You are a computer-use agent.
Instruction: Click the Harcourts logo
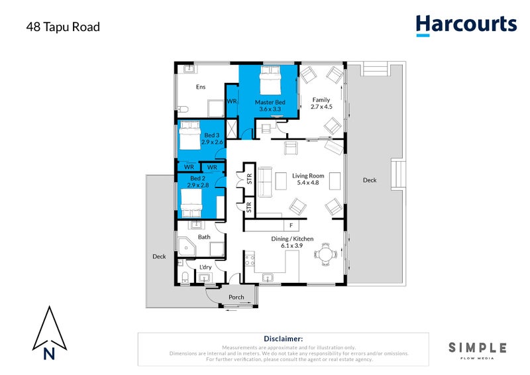click(x=466, y=25)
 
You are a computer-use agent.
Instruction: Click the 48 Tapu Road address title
click(x=63, y=27)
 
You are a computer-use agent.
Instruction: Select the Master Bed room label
click(x=270, y=105)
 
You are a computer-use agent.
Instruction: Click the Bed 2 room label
click(x=199, y=182)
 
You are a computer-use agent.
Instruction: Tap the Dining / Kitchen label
click(x=292, y=242)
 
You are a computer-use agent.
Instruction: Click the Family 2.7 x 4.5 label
click(x=321, y=103)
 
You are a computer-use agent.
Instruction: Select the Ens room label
click(x=201, y=87)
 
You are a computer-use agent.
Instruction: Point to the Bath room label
click(x=204, y=237)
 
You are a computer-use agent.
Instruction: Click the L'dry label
click(x=205, y=268)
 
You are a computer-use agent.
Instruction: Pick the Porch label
click(x=236, y=297)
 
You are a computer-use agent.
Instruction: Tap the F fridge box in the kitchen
click(x=290, y=225)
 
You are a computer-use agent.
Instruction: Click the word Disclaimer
click(x=283, y=338)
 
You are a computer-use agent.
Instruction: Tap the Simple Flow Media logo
click(x=477, y=349)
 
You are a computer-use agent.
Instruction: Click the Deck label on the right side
click(x=369, y=180)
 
